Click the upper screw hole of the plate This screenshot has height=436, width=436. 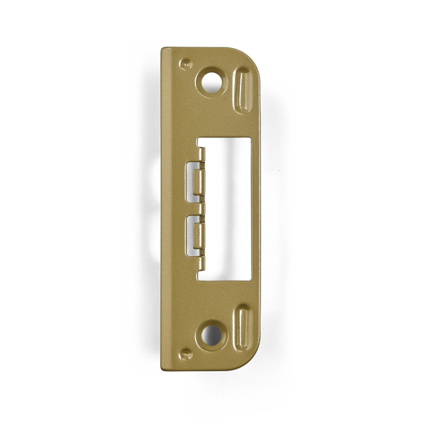[x=212, y=82]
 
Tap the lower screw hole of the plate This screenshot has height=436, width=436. [x=212, y=335]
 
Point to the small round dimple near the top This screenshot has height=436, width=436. [x=184, y=64]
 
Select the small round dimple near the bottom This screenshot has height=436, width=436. [x=184, y=354]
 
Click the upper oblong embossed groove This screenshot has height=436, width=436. [x=244, y=90]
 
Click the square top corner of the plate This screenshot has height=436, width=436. [x=163, y=50]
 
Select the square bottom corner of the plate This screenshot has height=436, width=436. [x=163, y=367]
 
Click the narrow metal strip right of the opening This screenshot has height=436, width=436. [x=255, y=209]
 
